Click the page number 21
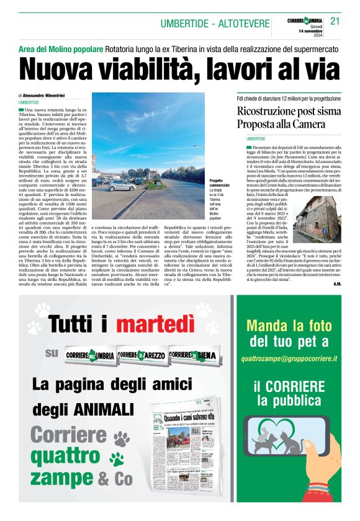pos(335,21)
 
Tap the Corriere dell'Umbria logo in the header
pos(306,19)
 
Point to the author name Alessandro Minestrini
pos(47,95)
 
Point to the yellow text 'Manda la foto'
pos(289,326)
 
